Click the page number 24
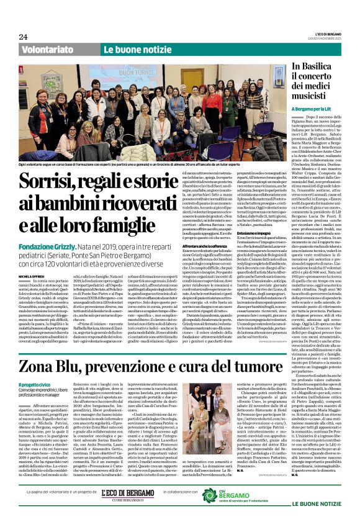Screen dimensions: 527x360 pyautogui.click(x=23, y=37)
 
